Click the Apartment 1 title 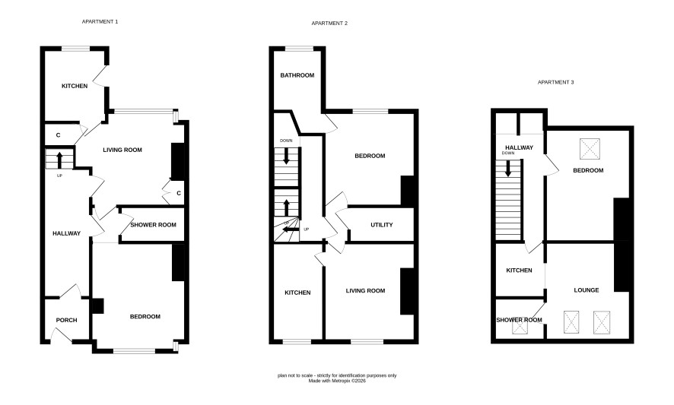point(100,21)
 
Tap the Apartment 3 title point(556,82)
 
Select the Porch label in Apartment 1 point(67,320)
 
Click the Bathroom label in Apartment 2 point(297,75)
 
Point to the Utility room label point(382,225)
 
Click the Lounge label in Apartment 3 point(587,290)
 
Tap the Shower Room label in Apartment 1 point(153,225)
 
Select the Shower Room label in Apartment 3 point(519,320)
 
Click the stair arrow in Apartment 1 point(59,160)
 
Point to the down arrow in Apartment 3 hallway point(508,168)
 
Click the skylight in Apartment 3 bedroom point(590,149)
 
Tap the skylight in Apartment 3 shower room point(520,327)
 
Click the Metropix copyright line point(337,381)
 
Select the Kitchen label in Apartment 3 point(519,271)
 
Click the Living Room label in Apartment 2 point(365,291)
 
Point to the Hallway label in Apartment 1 point(67,233)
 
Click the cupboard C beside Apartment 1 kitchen point(58,135)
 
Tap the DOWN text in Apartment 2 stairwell point(286,141)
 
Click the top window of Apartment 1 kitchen point(75,49)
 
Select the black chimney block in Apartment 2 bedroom point(408,190)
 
